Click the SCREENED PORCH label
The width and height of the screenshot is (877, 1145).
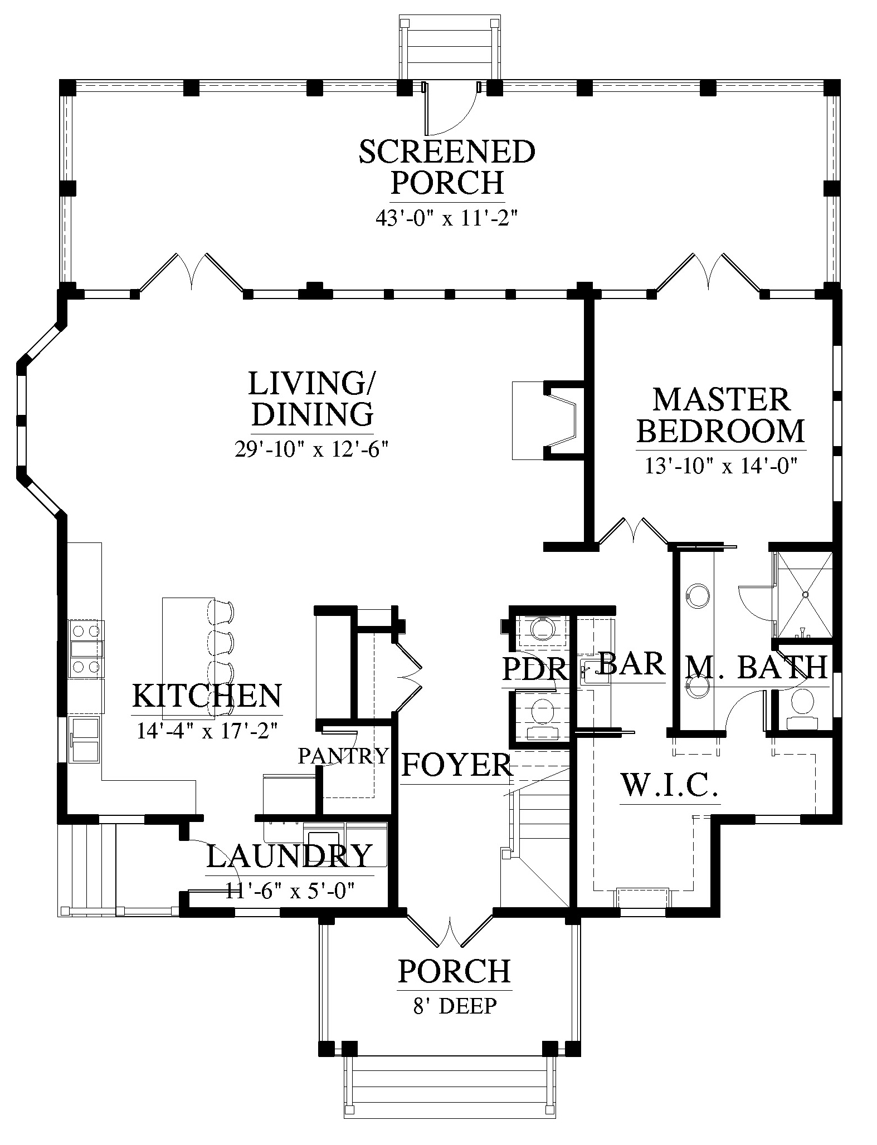(447, 167)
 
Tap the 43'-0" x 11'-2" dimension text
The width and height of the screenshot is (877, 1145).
(447, 218)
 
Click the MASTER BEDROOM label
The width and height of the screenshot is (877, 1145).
(721, 415)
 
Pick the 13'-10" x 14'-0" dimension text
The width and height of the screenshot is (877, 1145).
(722, 465)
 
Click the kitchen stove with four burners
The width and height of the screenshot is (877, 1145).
(86, 649)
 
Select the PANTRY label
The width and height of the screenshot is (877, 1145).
(343, 756)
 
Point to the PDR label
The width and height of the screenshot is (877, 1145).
(534, 669)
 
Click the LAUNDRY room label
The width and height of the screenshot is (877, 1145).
(289, 856)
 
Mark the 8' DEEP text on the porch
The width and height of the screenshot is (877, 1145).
(454, 1006)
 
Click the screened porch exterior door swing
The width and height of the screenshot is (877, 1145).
(450, 109)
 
